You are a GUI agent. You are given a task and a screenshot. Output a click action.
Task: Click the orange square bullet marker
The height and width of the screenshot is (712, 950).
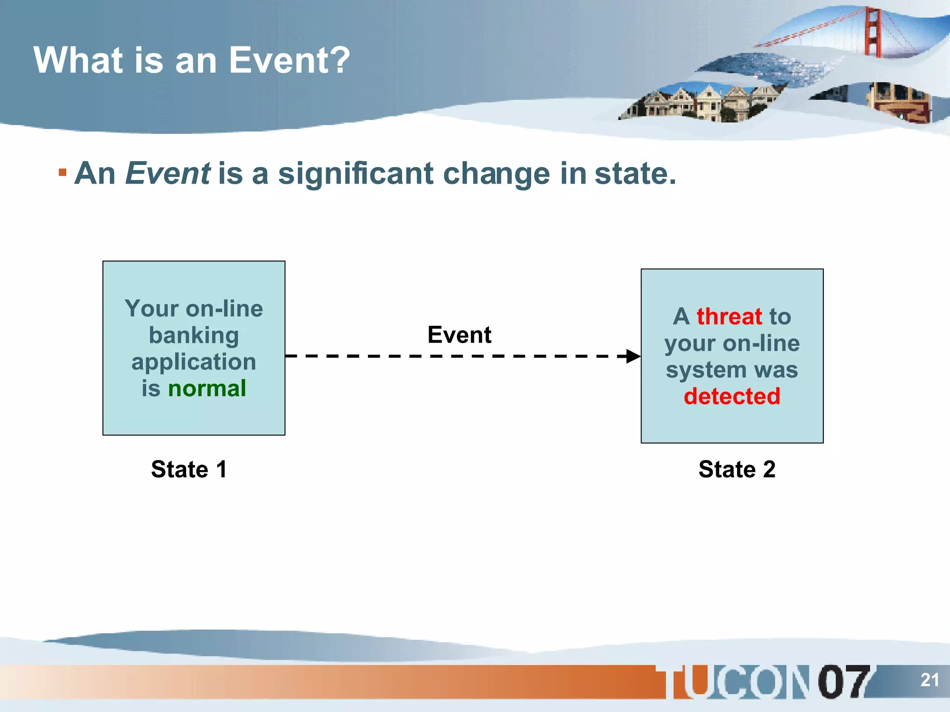click(63, 173)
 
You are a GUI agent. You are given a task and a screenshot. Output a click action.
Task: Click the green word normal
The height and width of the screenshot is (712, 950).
click(207, 388)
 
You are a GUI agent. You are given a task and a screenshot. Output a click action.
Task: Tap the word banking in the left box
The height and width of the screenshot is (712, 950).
click(194, 335)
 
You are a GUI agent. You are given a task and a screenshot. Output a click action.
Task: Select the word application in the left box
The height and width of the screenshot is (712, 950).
click(194, 362)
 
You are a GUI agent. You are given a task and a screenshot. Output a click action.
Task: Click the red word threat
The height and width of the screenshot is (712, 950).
click(729, 317)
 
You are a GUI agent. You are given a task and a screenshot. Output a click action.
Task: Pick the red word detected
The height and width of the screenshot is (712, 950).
click(732, 396)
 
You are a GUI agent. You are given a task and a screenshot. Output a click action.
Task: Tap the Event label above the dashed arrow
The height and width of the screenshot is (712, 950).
click(459, 335)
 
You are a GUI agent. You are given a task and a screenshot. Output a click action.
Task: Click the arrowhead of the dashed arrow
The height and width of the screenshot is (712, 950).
click(633, 356)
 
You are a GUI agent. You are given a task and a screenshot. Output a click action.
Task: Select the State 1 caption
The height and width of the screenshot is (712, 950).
click(189, 469)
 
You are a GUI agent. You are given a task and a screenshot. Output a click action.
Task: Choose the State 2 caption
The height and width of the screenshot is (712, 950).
click(737, 469)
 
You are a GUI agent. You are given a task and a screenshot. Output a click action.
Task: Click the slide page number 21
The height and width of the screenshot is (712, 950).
click(930, 680)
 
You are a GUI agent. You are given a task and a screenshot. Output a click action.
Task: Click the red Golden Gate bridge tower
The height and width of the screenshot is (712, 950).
click(873, 32)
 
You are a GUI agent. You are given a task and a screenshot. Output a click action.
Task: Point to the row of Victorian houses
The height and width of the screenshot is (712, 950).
click(700, 103)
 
